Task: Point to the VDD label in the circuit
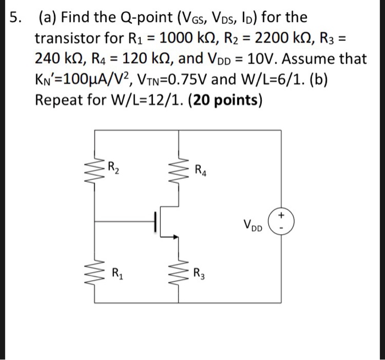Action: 253,225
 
